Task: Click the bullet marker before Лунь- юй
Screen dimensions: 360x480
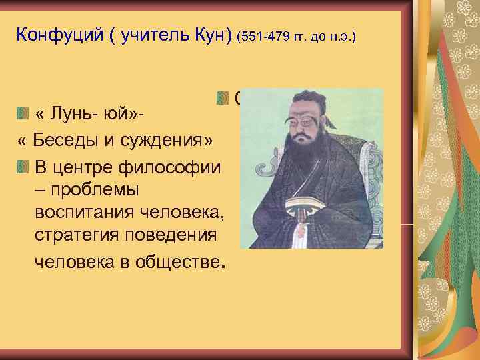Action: coord(24,114)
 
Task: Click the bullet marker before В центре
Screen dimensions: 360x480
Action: coord(24,166)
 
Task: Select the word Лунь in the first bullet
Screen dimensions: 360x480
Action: coord(69,114)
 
